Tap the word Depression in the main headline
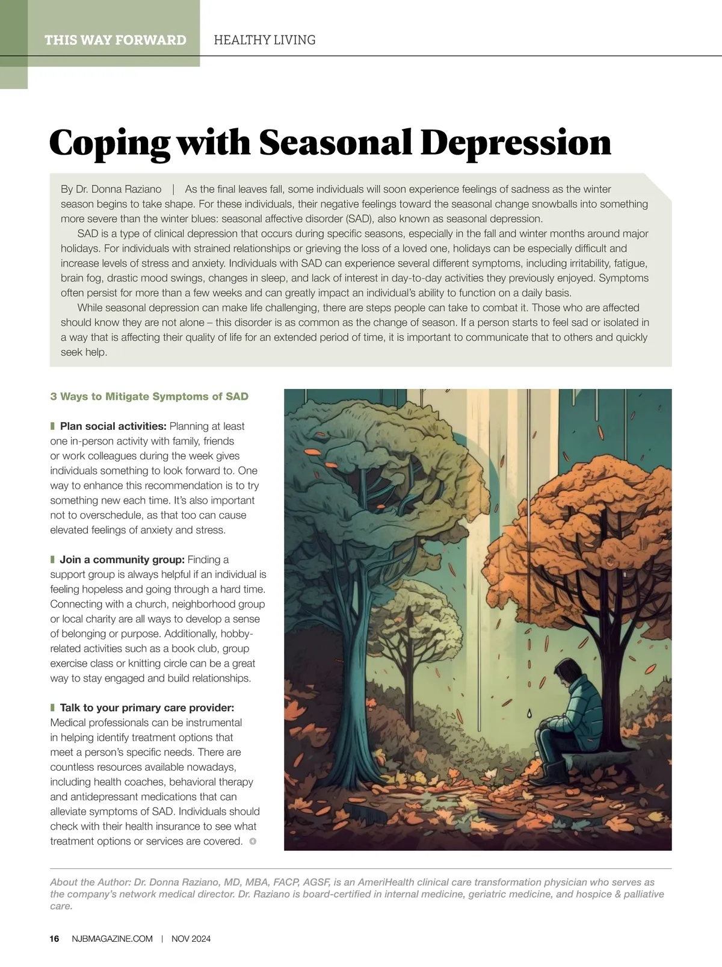point(516,143)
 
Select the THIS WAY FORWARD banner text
point(115,40)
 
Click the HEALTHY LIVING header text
point(265,40)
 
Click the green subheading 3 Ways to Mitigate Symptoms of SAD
point(149,396)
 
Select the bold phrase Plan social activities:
point(113,426)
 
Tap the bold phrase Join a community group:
point(122,560)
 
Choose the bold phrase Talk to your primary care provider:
point(147,707)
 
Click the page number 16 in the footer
point(55,939)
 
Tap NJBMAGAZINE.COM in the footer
point(112,939)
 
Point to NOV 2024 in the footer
point(191,939)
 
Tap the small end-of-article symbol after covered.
point(253,841)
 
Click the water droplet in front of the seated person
point(529,714)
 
